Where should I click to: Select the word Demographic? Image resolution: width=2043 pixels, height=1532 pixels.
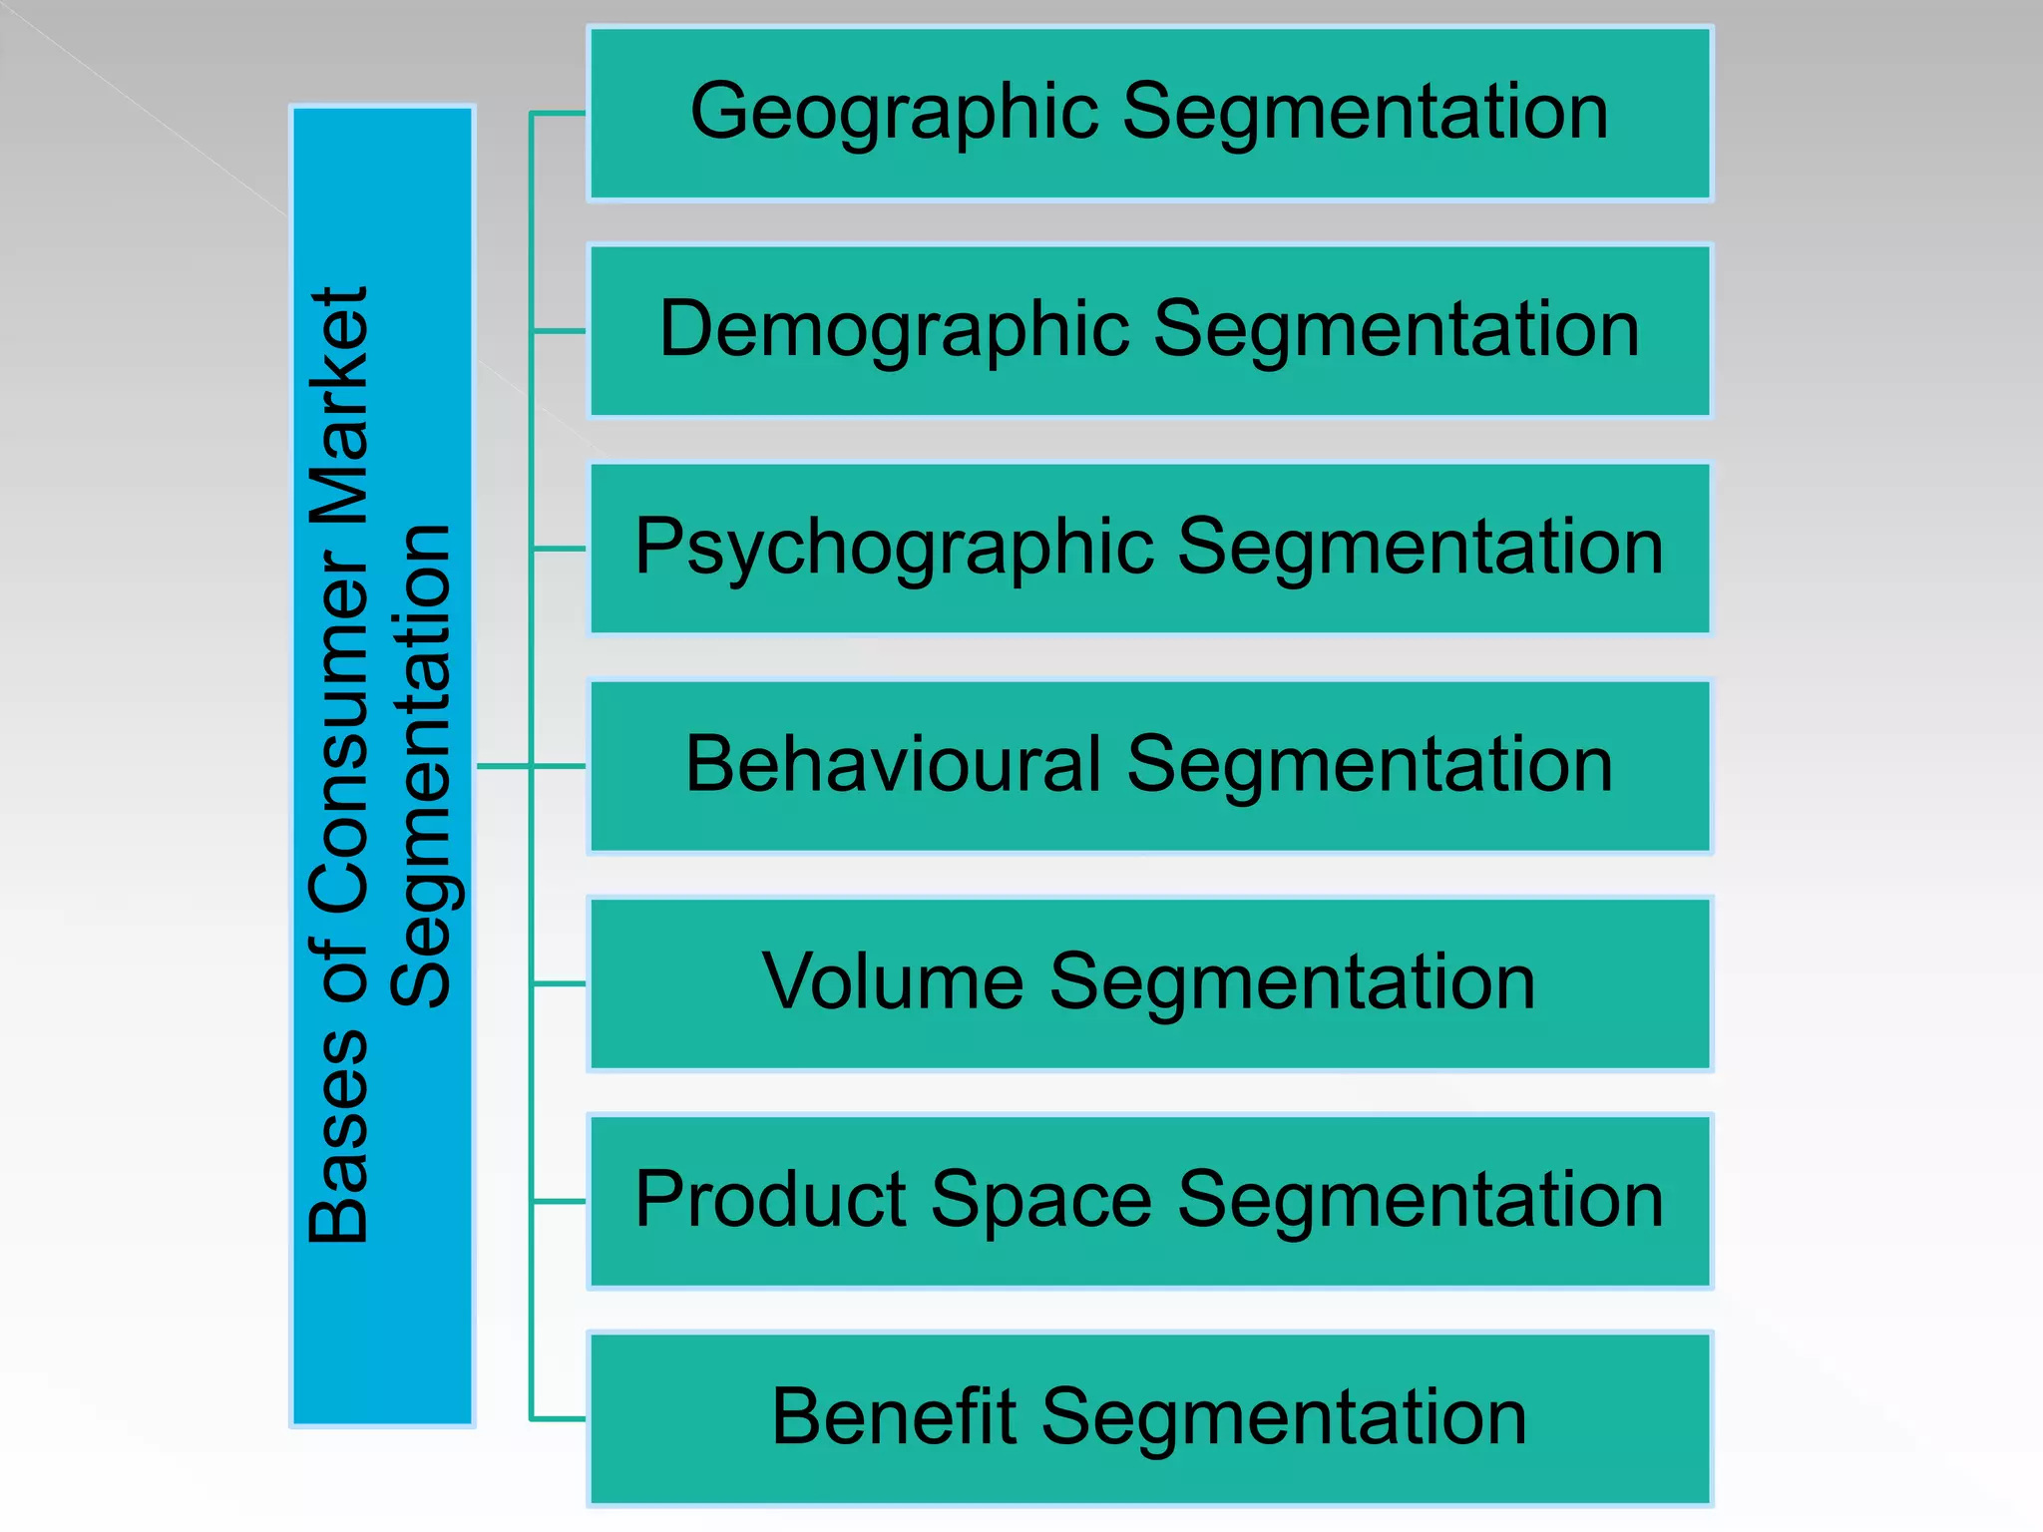pos(894,332)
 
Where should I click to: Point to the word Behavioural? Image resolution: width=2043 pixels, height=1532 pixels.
pos(893,765)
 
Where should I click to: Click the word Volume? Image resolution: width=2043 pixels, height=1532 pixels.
pos(893,982)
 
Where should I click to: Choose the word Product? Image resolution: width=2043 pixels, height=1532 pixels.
pos(770,1200)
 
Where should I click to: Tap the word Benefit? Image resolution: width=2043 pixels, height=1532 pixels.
pos(893,1417)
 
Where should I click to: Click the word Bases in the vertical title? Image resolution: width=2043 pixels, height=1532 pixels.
pos(339,1136)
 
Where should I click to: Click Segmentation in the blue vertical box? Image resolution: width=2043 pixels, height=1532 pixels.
pos(421,765)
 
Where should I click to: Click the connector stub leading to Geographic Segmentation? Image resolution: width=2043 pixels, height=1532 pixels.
pos(559,114)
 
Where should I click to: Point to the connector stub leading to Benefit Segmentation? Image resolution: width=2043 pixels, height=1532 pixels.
pos(559,1418)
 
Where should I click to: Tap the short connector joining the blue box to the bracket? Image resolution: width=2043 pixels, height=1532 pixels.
pos(504,766)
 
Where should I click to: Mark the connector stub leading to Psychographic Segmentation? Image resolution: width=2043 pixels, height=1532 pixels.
pos(559,549)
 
